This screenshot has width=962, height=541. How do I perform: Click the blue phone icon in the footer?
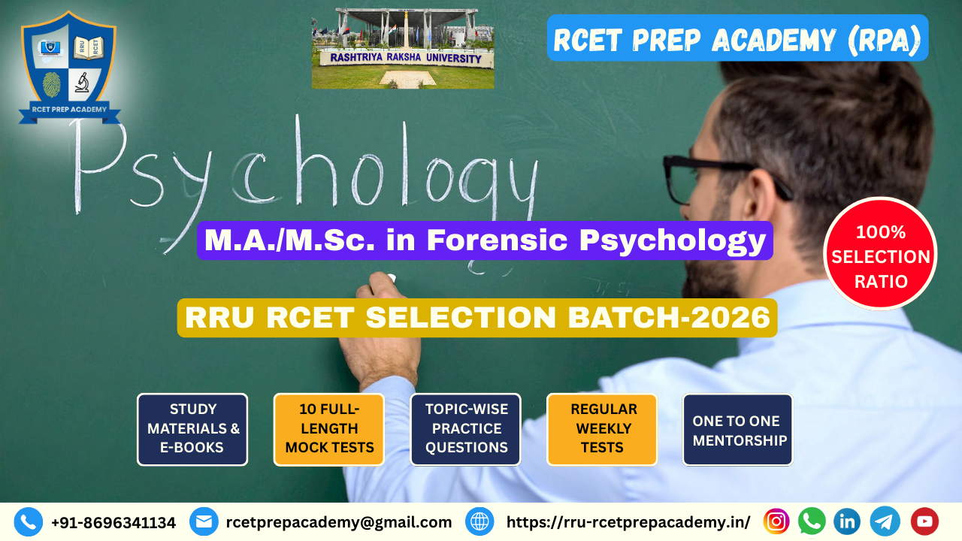pyautogui.click(x=29, y=522)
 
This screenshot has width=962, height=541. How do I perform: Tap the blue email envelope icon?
pyautogui.click(x=204, y=522)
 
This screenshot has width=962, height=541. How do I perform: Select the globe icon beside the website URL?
pyautogui.click(x=479, y=522)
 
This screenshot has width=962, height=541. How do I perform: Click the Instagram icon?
pyautogui.click(x=776, y=521)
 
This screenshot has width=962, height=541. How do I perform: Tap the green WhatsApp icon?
pyautogui.click(x=812, y=521)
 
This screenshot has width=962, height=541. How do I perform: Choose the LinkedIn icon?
pyautogui.click(x=847, y=521)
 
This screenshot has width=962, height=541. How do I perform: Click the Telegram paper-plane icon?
pyautogui.click(x=885, y=521)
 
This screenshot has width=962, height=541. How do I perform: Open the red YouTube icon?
pyautogui.click(x=924, y=521)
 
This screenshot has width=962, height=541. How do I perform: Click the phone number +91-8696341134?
pyautogui.click(x=113, y=522)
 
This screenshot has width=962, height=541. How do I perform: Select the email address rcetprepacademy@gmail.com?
pyautogui.click(x=339, y=522)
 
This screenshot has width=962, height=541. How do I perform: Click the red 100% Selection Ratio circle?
pyautogui.click(x=880, y=253)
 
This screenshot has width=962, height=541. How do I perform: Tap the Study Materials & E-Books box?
pyautogui.click(x=192, y=429)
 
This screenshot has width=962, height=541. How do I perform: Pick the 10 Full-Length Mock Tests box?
pyautogui.click(x=329, y=429)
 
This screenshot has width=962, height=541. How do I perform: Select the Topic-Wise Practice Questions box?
pyautogui.click(x=465, y=429)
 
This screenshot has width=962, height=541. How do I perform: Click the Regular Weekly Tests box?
pyautogui.click(x=602, y=429)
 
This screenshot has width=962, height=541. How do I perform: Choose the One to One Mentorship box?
pyautogui.click(x=738, y=429)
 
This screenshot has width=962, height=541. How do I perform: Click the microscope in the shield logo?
pyautogui.click(x=82, y=82)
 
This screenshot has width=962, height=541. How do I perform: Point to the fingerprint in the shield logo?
pyautogui.click(x=52, y=85)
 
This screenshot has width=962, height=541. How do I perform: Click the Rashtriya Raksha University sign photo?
pyautogui.click(x=403, y=49)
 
